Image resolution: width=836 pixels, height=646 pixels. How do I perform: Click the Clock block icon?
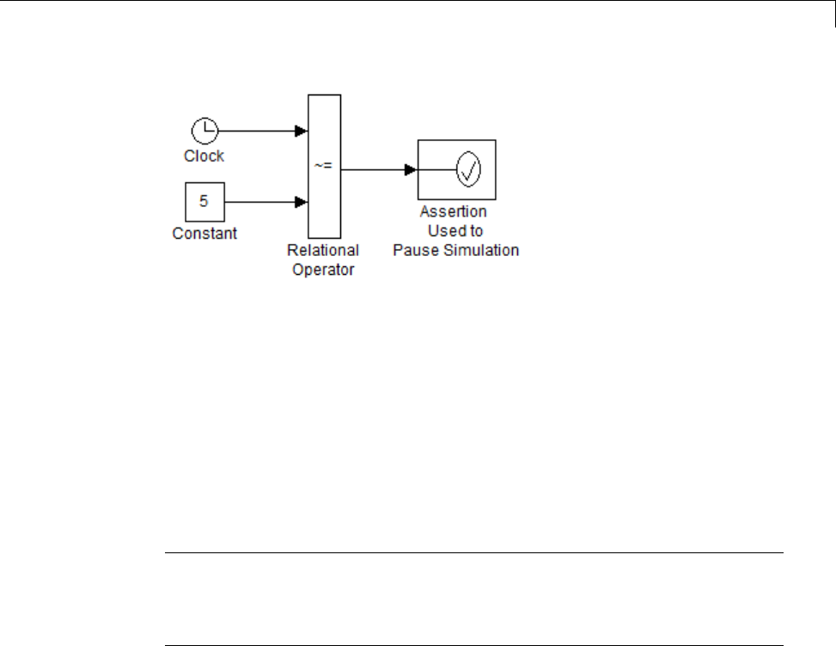tap(204, 131)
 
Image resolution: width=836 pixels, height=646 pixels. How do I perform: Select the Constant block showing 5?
tap(204, 203)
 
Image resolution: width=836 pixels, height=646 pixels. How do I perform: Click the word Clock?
tap(204, 156)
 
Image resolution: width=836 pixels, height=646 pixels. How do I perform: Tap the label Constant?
tap(204, 233)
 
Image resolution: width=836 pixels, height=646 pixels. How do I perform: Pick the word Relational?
tap(324, 251)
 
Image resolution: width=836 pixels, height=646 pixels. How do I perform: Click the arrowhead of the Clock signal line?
tap(301, 131)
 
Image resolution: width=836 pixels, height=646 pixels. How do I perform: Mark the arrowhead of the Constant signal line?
tap(301, 203)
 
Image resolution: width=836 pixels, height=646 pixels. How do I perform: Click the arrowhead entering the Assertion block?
tap(411, 169)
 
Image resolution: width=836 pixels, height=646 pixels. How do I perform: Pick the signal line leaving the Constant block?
tap(258, 203)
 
